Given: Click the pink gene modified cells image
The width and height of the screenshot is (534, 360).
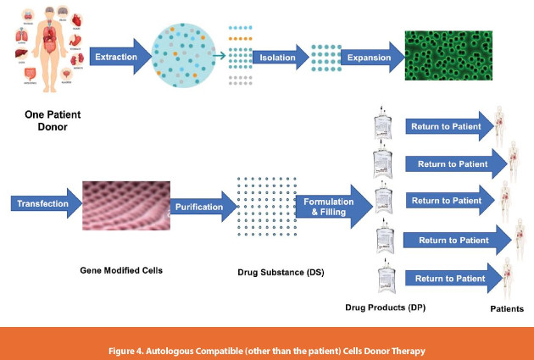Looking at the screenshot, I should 124,204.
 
